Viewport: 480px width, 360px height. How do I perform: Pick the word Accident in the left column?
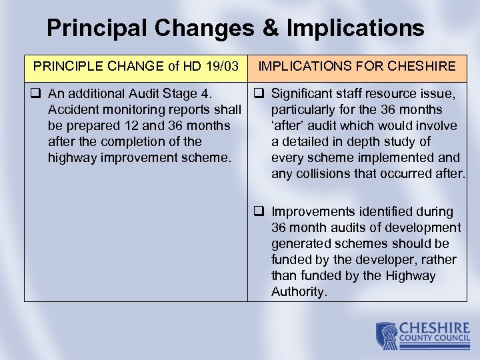pos(71,109)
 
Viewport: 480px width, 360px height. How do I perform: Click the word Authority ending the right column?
pos(299,292)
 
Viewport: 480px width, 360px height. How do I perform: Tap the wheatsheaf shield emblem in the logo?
pos(387,335)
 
